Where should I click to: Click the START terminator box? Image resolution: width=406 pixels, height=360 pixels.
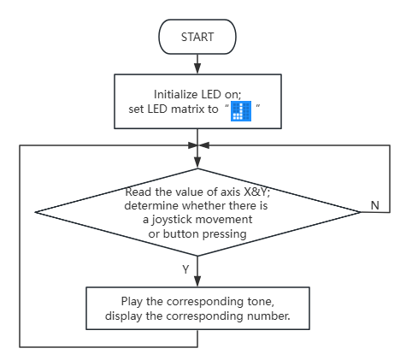(x=197, y=37)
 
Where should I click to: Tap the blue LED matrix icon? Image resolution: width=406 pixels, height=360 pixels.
(x=241, y=111)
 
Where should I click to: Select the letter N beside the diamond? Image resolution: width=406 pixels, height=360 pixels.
(x=375, y=205)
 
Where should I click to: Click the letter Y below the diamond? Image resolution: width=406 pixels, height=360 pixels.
(x=185, y=269)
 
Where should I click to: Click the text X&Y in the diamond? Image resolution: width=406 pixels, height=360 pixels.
(x=257, y=192)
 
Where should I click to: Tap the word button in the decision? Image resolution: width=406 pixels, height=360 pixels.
(x=180, y=233)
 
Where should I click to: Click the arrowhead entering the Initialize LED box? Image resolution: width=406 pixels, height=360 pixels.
(x=197, y=69)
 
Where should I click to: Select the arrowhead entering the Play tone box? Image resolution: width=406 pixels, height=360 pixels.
(x=197, y=281)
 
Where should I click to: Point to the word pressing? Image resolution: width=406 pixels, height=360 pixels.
(x=225, y=234)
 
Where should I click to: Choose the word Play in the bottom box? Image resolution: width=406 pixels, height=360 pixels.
(x=132, y=302)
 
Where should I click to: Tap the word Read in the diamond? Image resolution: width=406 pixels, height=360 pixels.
(x=138, y=192)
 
